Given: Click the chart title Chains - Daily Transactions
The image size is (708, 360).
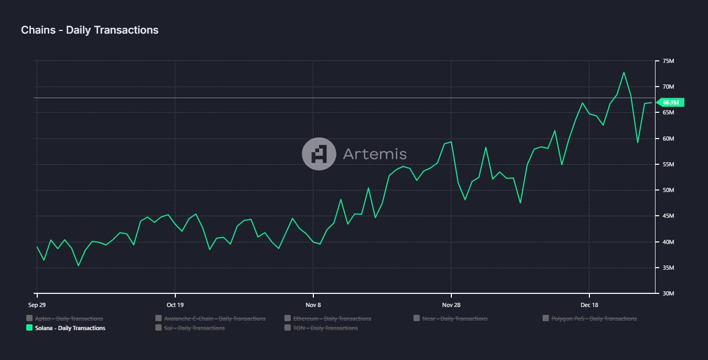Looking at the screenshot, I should (x=90, y=30).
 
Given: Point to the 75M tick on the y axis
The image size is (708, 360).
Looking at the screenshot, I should (x=668, y=61).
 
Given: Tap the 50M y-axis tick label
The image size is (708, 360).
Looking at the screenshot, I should (x=668, y=190).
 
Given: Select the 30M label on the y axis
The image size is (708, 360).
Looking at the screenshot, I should (x=668, y=293).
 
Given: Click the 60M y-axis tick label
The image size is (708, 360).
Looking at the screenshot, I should (x=668, y=139).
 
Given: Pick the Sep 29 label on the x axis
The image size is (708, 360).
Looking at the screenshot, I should (x=37, y=304).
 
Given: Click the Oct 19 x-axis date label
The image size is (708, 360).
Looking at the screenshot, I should (x=175, y=304).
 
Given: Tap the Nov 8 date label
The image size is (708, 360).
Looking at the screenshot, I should (x=313, y=304).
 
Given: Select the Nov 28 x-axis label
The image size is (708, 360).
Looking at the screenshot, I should (x=451, y=304).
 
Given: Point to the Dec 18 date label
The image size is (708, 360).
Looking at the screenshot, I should (x=589, y=304).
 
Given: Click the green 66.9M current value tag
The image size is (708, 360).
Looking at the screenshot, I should (x=670, y=102).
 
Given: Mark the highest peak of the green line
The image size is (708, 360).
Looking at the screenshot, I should (x=624, y=72).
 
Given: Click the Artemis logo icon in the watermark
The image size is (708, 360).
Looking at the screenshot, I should (x=319, y=154).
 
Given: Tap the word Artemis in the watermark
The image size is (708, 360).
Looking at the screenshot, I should (x=375, y=154).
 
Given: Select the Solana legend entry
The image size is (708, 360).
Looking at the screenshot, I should (x=70, y=328).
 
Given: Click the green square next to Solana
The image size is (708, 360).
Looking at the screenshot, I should (x=29, y=328).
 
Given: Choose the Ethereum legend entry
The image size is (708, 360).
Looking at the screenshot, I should (x=332, y=319).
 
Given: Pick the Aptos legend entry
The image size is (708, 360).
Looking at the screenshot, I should (x=69, y=319).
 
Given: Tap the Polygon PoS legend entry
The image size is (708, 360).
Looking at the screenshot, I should (x=594, y=319).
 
